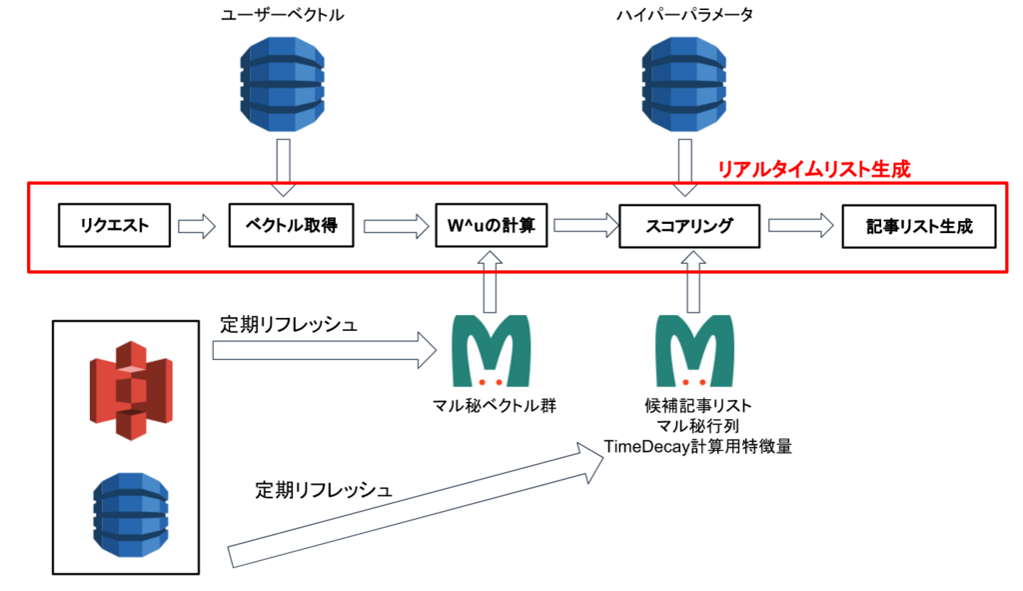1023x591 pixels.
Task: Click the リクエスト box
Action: pos(114,225)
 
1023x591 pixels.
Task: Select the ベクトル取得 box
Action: pos(291,225)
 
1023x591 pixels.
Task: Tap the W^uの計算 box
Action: pos(492,225)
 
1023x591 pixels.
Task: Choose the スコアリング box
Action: pos(689,226)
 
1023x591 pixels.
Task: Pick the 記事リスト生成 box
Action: pos(919,226)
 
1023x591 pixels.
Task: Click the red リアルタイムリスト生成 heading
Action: pos(813,170)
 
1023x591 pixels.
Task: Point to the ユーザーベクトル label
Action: pos(283,15)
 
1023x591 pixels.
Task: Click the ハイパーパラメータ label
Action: pos(684,15)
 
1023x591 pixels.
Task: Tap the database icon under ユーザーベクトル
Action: pos(283,84)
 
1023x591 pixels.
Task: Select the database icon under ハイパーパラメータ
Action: pos(684,84)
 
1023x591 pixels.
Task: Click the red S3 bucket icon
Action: pos(131,391)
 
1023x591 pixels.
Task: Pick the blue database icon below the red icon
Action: pos(131,515)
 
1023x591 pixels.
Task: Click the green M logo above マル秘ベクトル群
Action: pos(492,351)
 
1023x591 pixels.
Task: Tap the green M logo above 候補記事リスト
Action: pos(695,351)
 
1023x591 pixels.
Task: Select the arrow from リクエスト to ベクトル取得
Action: pos(197,226)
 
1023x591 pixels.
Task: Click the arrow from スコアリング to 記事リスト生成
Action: pos(801,226)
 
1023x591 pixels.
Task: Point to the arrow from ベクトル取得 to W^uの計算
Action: pos(396,226)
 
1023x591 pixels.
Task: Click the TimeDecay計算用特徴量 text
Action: pos(697,447)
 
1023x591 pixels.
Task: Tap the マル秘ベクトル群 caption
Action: pos(495,406)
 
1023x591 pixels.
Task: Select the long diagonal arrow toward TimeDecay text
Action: pos(416,503)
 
